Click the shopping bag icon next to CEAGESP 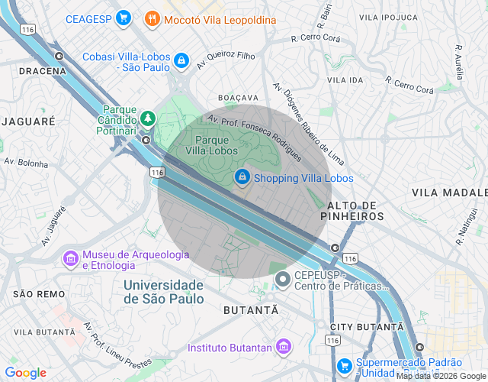[x=123, y=19]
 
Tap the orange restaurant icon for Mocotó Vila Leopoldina [x=152, y=19]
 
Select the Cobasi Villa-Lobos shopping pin [x=181, y=60]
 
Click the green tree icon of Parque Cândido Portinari [x=146, y=118]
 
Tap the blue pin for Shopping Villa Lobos [x=242, y=177]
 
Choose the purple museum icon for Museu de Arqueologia [x=70, y=259]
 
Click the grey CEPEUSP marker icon [x=283, y=280]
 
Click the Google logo [x=25, y=373]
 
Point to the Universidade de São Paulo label [x=164, y=292]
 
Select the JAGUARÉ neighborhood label [x=28, y=121]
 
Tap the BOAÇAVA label [x=238, y=99]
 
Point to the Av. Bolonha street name [x=25, y=163]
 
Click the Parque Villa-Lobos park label [x=223, y=145]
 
